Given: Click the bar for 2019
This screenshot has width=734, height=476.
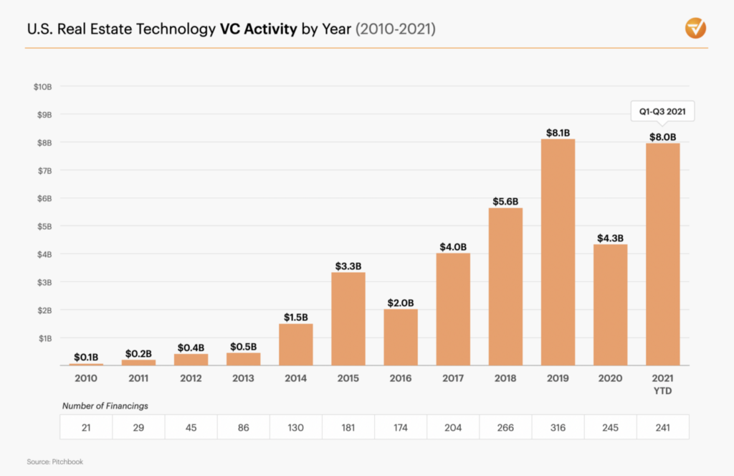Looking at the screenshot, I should click(x=558, y=252).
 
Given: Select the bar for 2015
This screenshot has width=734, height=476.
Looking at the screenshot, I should click(x=348, y=319).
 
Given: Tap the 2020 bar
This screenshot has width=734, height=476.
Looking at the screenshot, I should click(x=610, y=305).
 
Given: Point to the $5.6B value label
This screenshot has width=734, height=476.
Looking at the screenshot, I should click(x=505, y=202).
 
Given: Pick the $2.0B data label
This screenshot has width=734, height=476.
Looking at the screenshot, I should click(x=400, y=303).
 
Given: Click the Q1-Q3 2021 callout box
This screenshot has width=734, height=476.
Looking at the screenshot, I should click(x=662, y=111).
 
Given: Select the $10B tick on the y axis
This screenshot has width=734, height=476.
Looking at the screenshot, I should click(x=42, y=87).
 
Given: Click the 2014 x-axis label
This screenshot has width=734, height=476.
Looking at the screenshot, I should click(x=295, y=378).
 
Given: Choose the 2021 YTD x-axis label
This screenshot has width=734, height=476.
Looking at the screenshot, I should click(x=662, y=383).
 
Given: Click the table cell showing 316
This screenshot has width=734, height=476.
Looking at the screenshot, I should click(x=558, y=427).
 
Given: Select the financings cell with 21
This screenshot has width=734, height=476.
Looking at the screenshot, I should click(x=86, y=427).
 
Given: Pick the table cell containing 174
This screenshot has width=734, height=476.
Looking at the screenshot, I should click(x=400, y=427).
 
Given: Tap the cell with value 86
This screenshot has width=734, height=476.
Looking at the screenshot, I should click(x=243, y=427).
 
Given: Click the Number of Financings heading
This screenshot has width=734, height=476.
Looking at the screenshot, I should click(x=105, y=406).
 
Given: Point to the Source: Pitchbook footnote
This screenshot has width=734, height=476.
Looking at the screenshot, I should click(x=54, y=462).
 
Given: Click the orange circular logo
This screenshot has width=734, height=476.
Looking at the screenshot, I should click(x=695, y=29).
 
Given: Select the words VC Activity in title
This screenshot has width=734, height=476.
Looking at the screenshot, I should click(x=259, y=29).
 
